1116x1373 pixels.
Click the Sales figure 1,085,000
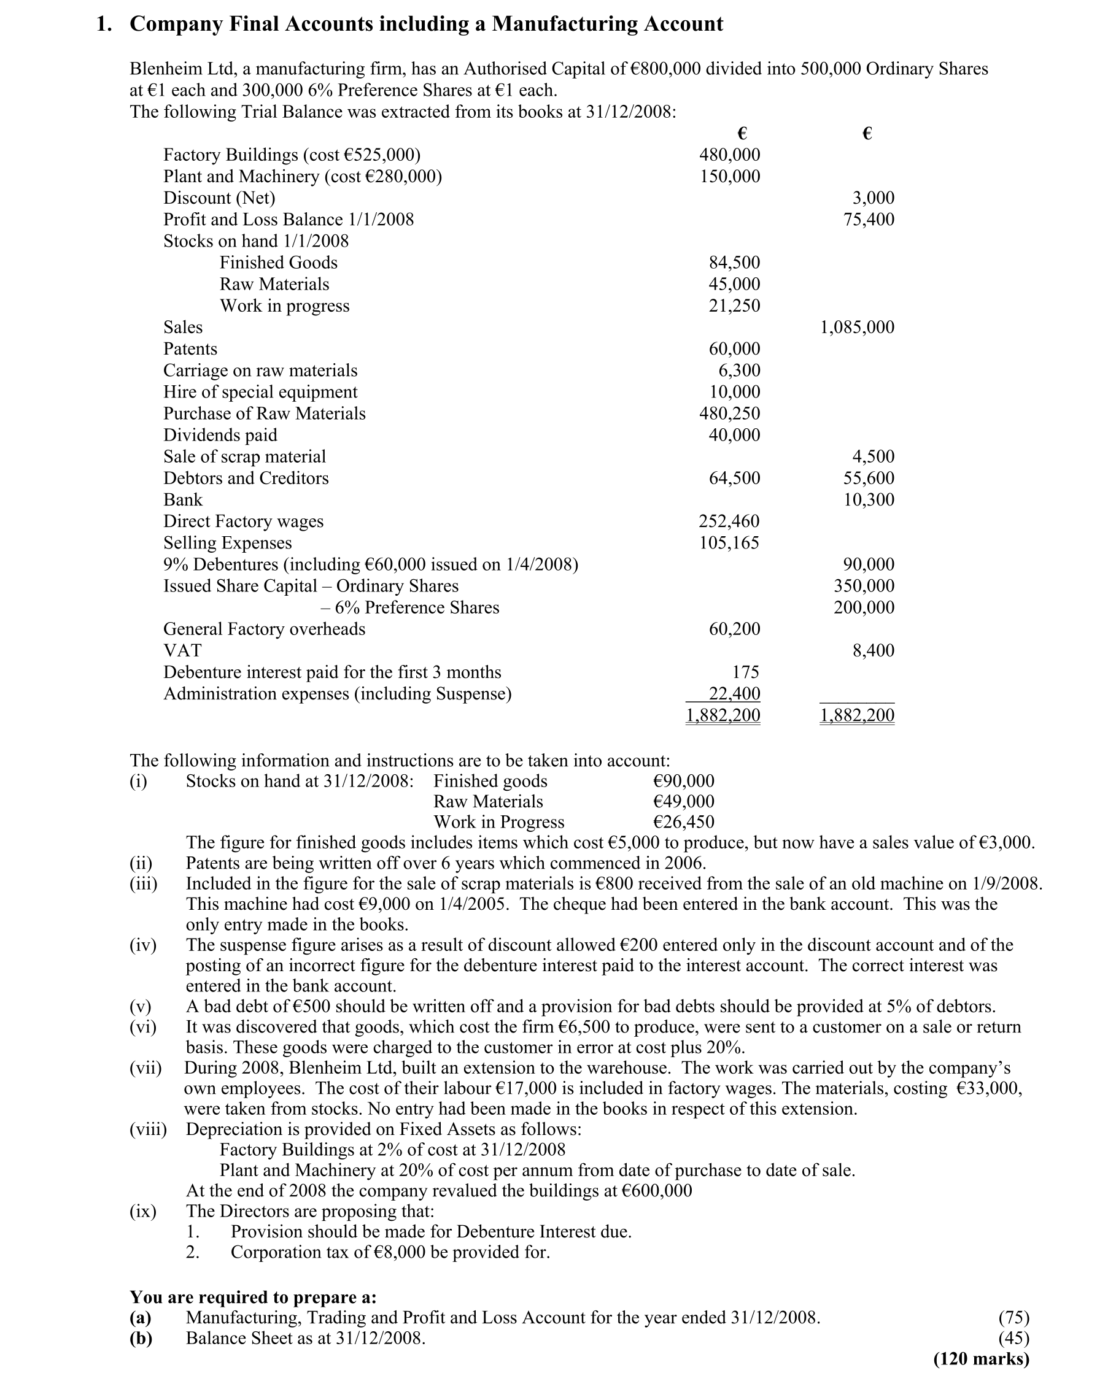[857, 328]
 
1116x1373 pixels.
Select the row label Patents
[190, 349]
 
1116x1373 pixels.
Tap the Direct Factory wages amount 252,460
[729, 521]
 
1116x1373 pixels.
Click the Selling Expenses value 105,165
[729, 543]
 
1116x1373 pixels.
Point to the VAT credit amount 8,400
[873, 651]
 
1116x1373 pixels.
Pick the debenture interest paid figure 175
[746, 672]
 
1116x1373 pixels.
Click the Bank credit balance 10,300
[869, 500]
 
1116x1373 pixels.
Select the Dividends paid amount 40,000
[734, 435]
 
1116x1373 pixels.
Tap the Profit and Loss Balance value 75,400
[869, 220]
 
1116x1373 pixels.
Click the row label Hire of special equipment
[260, 392]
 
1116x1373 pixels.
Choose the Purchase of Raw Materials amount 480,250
[730, 413]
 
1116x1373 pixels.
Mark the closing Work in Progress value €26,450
[683, 821]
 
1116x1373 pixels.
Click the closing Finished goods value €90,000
[683, 780]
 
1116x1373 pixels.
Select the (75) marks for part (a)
[1013, 1318]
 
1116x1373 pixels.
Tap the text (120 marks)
[981, 1359]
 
